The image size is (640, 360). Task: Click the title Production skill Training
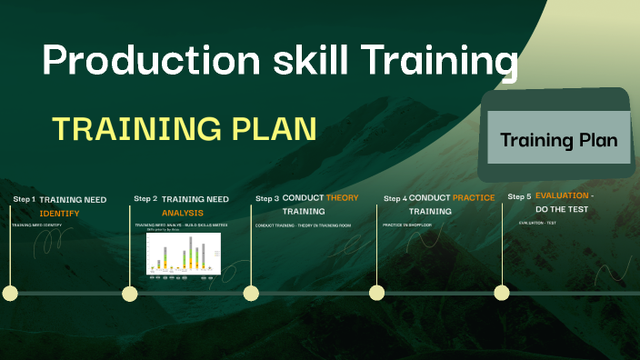pos(280,62)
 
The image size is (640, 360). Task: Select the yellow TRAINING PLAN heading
pos(185,129)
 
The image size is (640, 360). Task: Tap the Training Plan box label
pos(558,140)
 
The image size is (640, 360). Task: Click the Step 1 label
pos(24,199)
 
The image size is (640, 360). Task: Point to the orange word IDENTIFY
pos(60,213)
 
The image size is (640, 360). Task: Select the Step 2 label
pos(145,198)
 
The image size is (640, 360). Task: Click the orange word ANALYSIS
pos(183,213)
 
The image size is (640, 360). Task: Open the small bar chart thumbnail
pos(184,254)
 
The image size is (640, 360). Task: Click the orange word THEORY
pos(342,197)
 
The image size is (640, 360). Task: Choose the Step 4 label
pos(395,198)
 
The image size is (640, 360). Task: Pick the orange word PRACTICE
pos(474,197)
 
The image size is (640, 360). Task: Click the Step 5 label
pos(519,196)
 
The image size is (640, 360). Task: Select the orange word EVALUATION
pos(564,195)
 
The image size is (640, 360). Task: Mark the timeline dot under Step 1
pos(10,293)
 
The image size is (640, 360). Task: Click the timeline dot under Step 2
pos(130,293)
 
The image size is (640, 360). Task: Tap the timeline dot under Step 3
pos(251,293)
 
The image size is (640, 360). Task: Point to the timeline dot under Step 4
pos(376,293)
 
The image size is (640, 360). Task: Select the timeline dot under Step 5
pos(501,293)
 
